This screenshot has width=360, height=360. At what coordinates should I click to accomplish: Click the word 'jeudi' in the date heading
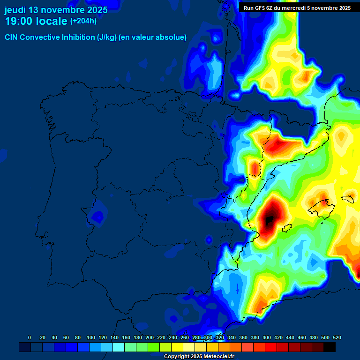pos(15,10)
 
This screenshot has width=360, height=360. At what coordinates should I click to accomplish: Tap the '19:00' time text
pos(19,22)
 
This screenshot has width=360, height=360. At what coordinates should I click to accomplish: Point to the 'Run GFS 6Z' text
pos(258,8)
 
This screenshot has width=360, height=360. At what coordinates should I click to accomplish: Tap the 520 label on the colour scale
pos(337,337)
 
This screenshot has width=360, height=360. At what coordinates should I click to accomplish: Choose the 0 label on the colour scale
pos(30,337)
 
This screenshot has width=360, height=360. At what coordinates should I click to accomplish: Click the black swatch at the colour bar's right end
pos(330,347)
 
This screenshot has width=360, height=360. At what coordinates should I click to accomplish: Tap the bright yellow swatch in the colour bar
pos(177,347)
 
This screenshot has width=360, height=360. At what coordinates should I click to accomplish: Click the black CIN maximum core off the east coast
pos(270,219)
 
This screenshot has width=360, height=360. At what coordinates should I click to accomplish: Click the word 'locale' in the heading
pos(52,22)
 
